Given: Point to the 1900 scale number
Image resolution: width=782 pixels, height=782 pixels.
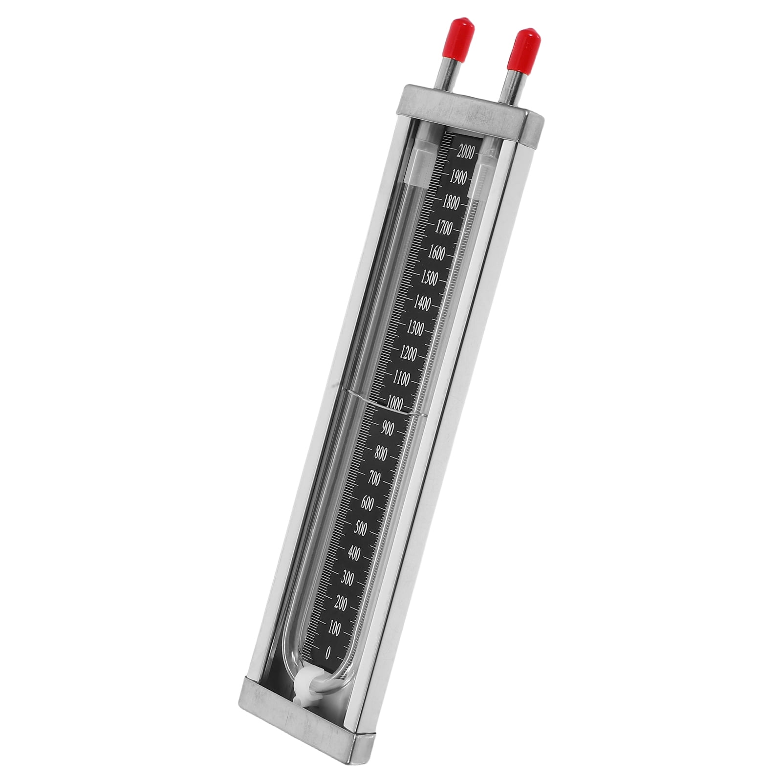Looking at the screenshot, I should [457, 178].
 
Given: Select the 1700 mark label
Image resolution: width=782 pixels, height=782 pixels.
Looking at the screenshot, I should [443, 228].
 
